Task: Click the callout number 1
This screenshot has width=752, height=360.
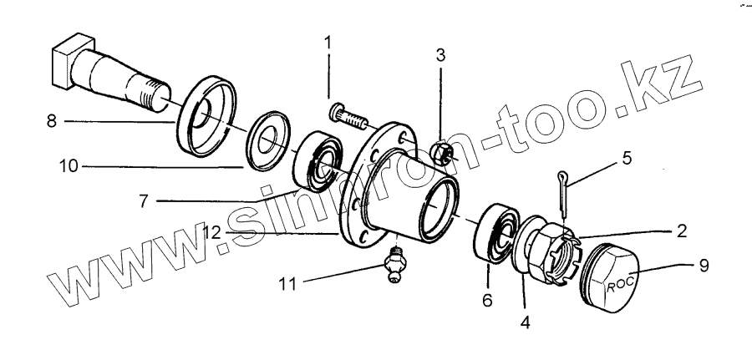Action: (x=328, y=40)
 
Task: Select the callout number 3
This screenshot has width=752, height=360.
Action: (x=440, y=57)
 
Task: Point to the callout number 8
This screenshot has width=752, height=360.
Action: (x=52, y=121)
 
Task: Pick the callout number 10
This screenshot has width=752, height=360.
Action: (x=69, y=166)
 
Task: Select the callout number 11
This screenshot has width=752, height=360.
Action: (x=288, y=285)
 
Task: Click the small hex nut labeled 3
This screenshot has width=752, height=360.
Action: (x=442, y=153)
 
